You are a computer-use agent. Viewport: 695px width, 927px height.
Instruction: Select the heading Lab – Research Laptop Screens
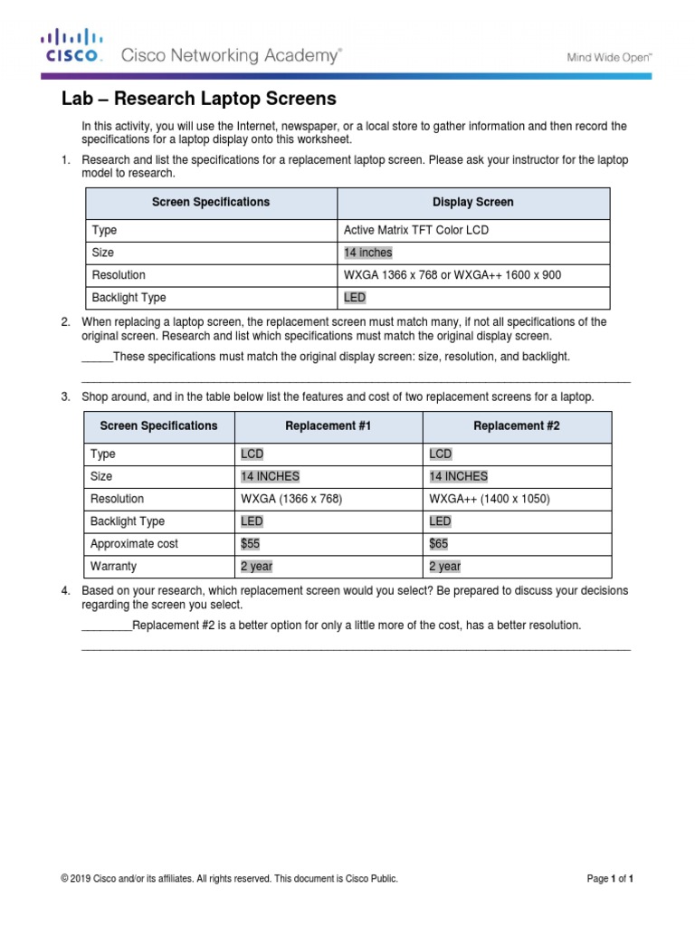(x=198, y=98)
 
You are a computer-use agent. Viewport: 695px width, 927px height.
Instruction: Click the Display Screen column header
(x=472, y=202)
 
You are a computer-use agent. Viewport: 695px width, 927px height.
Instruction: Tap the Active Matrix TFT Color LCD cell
(x=415, y=230)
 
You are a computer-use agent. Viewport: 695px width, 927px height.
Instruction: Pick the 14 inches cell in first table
(x=368, y=253)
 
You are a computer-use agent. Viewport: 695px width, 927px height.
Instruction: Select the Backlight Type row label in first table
(x=129, y=297)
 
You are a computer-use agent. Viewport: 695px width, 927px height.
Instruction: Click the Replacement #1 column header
(x=328, y=425)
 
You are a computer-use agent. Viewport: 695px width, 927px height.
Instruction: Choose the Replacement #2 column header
(x=516, y=425)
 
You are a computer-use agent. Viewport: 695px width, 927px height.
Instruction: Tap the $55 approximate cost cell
(x=250, y=544)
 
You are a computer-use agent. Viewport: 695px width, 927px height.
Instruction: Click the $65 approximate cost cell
(x=438, y=544)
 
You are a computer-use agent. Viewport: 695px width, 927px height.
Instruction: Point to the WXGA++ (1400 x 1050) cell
(x=490, y=499)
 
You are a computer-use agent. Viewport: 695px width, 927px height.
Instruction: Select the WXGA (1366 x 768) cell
(x=291, y=499)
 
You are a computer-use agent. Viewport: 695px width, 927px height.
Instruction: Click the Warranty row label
(x=113, y=567)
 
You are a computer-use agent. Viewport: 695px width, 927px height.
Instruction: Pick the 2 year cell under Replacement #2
(x=444, y=567)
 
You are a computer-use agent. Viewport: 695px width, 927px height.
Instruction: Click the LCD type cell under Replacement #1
(x=252, y=454)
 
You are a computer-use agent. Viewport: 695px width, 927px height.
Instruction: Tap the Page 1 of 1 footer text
(x=610, y=878)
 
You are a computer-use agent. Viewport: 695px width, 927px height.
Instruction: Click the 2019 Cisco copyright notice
(x=229, y=878)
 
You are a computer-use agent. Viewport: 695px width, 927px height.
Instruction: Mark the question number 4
(x=66, y=590)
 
